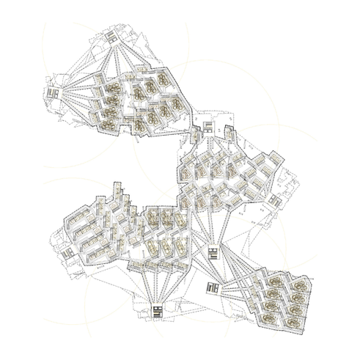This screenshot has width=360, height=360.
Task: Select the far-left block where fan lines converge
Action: (x=53, y=94)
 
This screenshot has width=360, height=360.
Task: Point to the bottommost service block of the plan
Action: (x=158, y=311)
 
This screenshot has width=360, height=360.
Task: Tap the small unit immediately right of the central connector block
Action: (x=227, y=133)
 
